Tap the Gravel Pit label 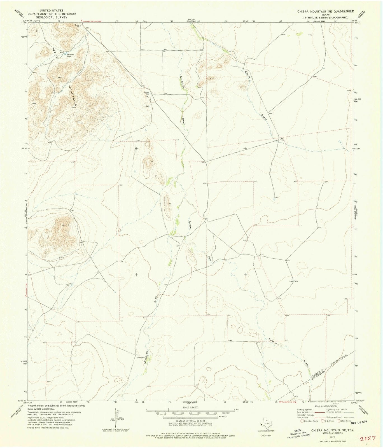[x=77, y=25]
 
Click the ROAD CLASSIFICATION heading [x=325, y=406]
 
